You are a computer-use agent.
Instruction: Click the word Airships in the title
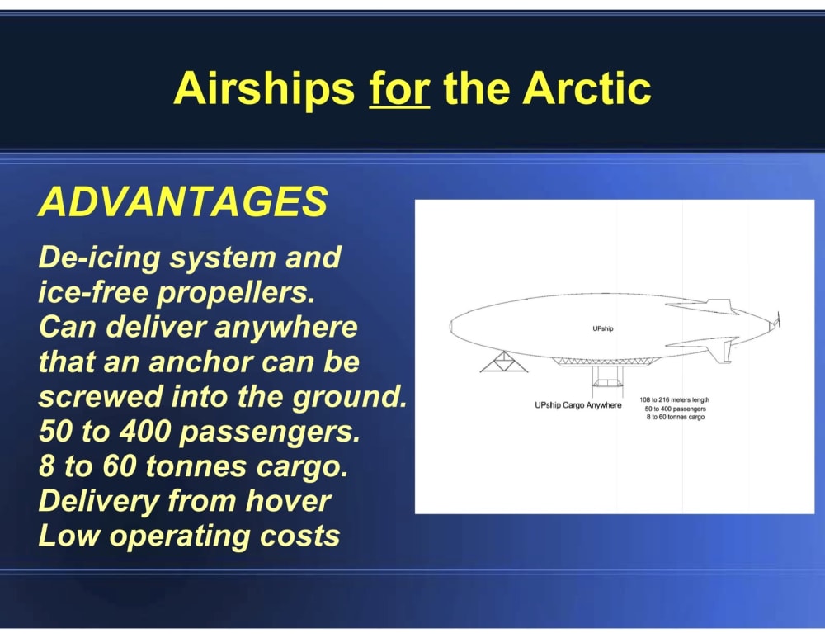point(264,88)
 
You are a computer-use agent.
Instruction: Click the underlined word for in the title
point(399,88)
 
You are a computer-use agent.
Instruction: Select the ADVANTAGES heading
point(183,201)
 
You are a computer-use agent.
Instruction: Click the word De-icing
point(99,258)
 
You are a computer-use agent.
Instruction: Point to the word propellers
point(236,293)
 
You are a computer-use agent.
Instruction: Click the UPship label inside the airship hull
point(603,328)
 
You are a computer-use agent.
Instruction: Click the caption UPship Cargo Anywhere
point(578,404)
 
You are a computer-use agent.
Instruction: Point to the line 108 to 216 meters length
point(675,400)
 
